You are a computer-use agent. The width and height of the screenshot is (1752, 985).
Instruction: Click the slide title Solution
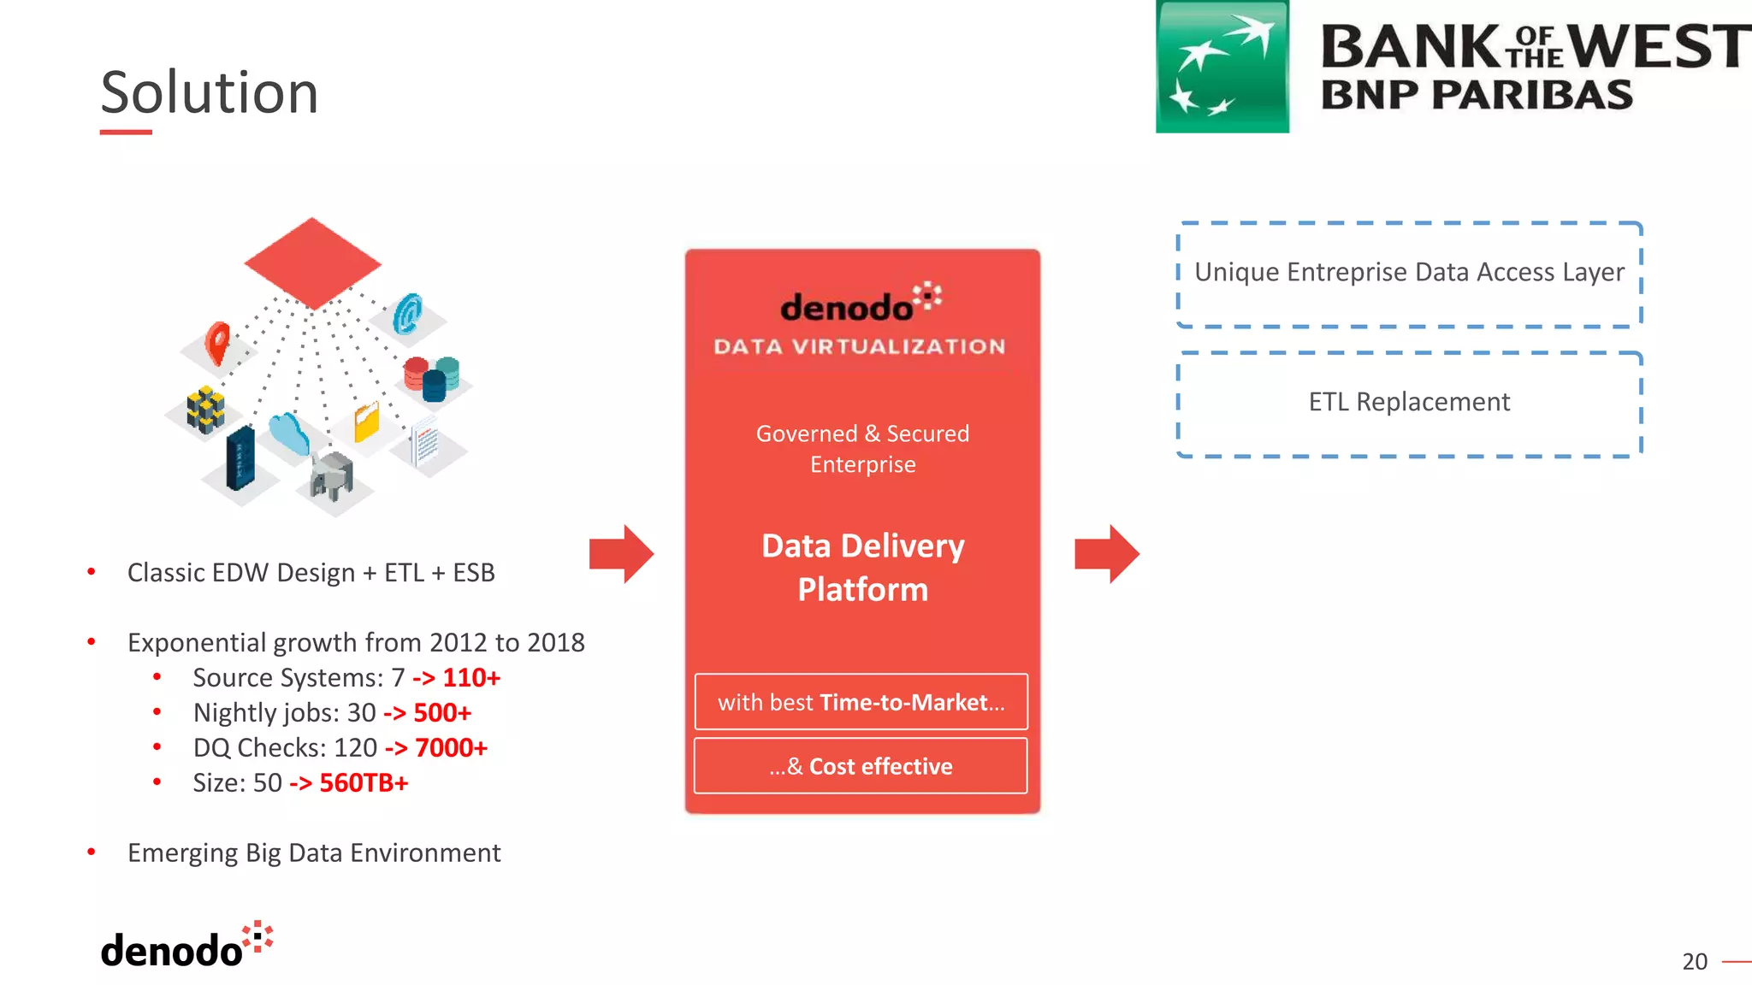(x=210, y=92)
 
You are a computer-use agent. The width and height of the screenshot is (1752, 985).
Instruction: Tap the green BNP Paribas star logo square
(x=1222, y=67)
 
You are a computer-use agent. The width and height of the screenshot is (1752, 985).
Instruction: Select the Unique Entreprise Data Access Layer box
(x=1409, y=274)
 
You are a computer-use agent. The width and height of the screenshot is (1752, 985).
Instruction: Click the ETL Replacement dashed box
(x=1409, y=403)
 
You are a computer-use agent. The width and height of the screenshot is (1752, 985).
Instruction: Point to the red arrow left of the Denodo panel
(x=622, y=554)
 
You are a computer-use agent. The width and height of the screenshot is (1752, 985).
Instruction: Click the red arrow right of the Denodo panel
(x=1107, y=554)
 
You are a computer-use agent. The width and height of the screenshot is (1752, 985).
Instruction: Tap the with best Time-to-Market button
(x=861, y=702)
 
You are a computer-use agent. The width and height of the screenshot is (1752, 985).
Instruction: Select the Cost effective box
(x=861, y=766)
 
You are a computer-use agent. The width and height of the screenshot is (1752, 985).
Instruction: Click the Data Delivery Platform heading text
(x=862, y=567)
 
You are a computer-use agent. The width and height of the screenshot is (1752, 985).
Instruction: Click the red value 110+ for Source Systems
(x=471, y=678)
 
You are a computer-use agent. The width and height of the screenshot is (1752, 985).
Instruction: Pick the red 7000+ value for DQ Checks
(x=450, y=748)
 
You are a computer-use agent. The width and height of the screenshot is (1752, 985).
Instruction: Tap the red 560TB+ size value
(x=363, y=783)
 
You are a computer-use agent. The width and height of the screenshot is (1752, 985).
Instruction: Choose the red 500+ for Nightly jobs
(x=441, y=713)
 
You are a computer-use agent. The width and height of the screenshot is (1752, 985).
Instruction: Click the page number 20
(x=1694, y=962)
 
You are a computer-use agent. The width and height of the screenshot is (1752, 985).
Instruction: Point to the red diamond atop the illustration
(x=312, y=262)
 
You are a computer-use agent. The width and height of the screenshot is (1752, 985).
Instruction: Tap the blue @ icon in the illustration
(x=408, y=314)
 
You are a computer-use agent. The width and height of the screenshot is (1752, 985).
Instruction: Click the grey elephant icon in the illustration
(x=332, y=475)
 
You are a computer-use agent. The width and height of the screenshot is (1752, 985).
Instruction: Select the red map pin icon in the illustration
(x=218, y=342)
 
